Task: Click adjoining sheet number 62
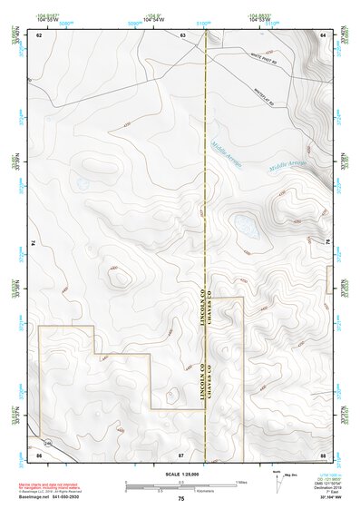pyautogui.click(x=39, y=34)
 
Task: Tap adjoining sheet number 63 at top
pyautogui.click(x=182, y=34)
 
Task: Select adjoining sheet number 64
pyautogui.click(x=323, y=34)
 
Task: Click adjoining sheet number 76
pyautogui.click(x=326, y=242)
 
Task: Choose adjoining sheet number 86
pyautogui.click(x=39, y=453)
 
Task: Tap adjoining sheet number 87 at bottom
pyautogui.click(x=181, y=453)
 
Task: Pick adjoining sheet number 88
pyautogui.click(x=323, y=453)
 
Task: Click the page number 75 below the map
pyautogui.click(x=181, y=499)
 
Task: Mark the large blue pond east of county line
pyautogui.click(x=244, y=223)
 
